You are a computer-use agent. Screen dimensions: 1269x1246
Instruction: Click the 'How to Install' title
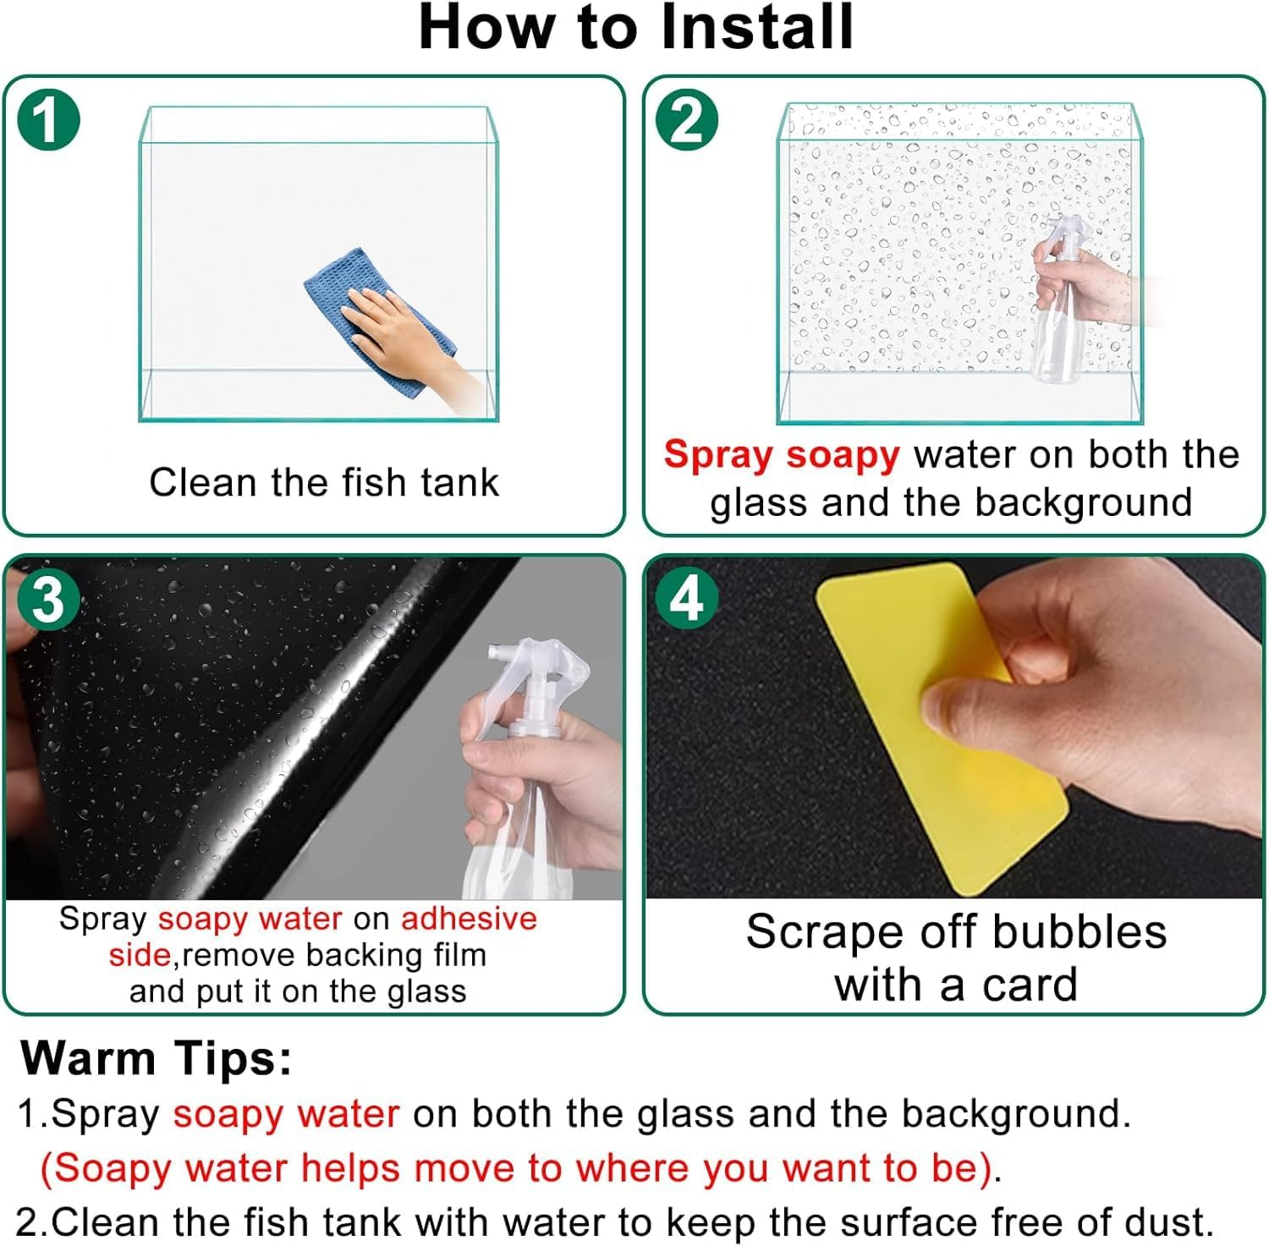click(636, 28)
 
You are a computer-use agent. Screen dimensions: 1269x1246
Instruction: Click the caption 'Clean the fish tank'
click(324, 483)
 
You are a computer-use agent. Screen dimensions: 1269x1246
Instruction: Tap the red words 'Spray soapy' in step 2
click(782, 455)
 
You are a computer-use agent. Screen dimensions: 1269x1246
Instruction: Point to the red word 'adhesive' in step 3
click(469, 919)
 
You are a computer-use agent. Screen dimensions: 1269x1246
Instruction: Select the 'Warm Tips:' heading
click(157, 1057)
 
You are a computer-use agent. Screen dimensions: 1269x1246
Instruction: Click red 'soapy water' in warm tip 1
click(286, 1114)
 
